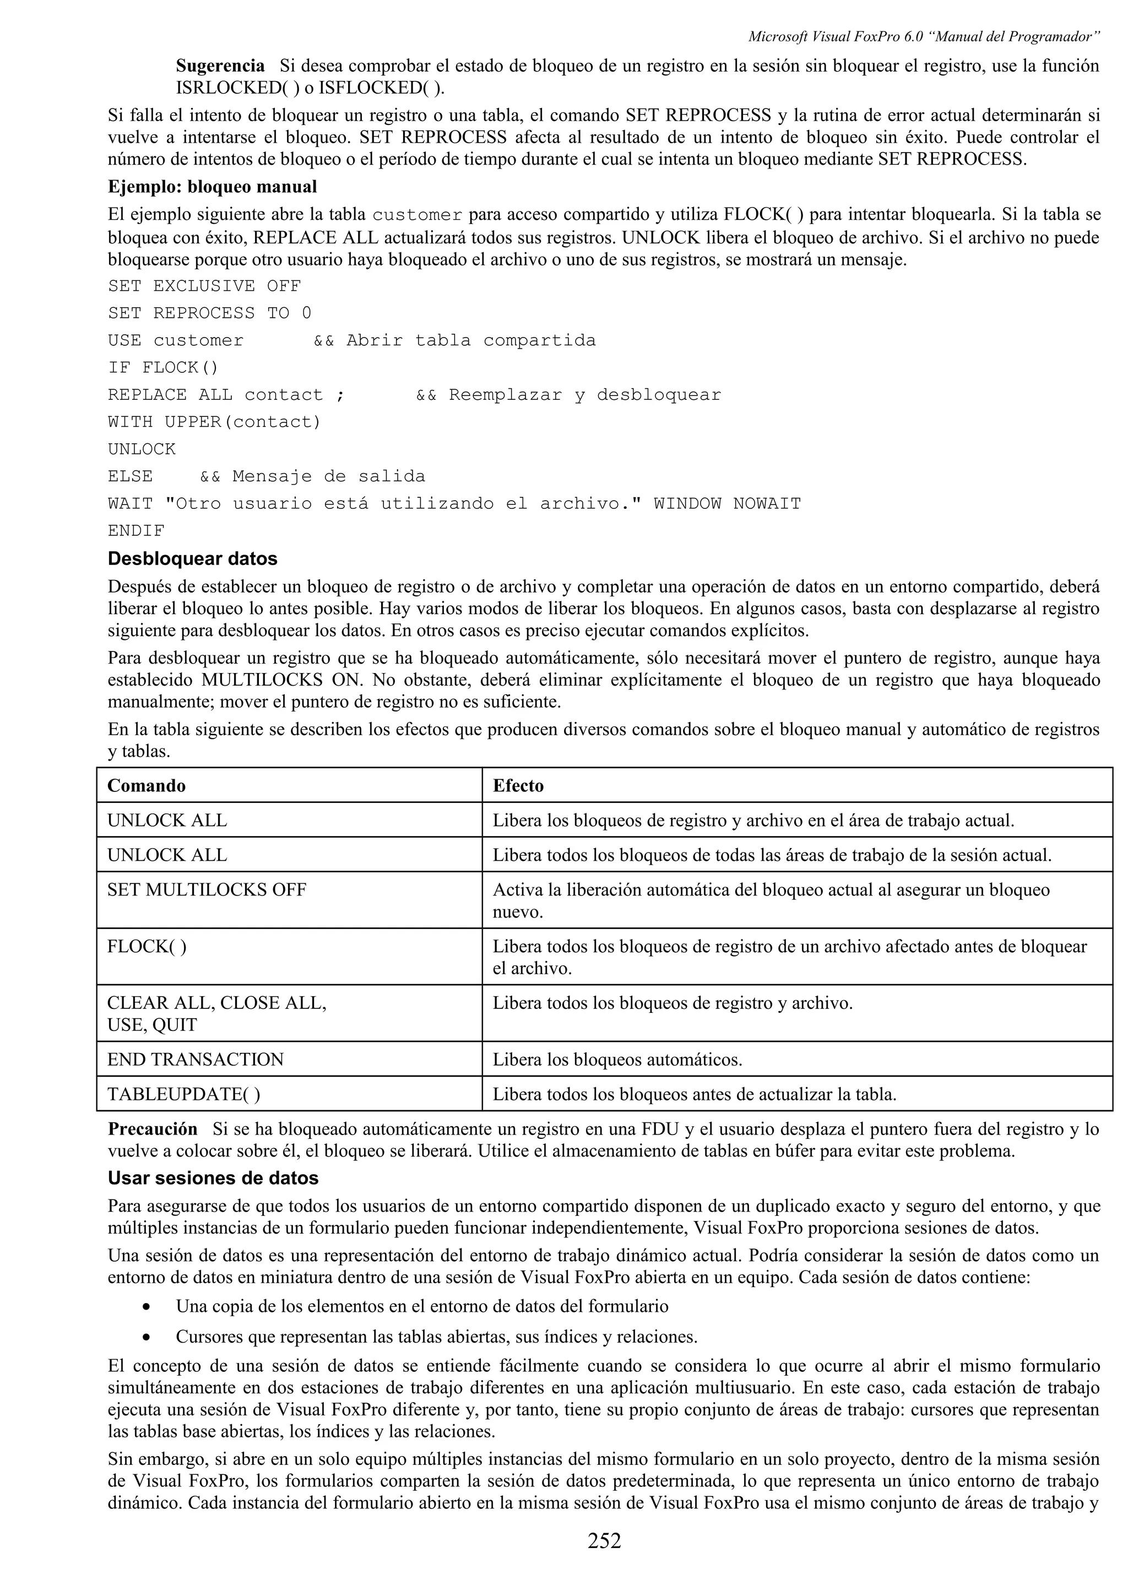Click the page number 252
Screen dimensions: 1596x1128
604,1540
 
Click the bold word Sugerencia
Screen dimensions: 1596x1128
220,66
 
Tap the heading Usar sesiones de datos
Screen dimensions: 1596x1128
213,1177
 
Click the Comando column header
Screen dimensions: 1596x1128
147,785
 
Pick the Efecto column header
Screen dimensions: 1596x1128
518,785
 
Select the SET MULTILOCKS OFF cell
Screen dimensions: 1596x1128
207,890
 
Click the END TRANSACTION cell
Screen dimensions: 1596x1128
196,1060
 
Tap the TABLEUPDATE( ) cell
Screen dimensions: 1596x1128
183,1094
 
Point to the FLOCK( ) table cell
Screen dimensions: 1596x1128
147,946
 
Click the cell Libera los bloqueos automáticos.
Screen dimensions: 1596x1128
617,1060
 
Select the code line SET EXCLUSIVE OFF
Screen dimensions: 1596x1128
204,286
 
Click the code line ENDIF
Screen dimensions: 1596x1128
136,531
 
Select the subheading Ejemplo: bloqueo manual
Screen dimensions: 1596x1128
212,187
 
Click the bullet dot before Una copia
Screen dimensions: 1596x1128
145,1307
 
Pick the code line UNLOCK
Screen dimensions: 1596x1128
142,449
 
